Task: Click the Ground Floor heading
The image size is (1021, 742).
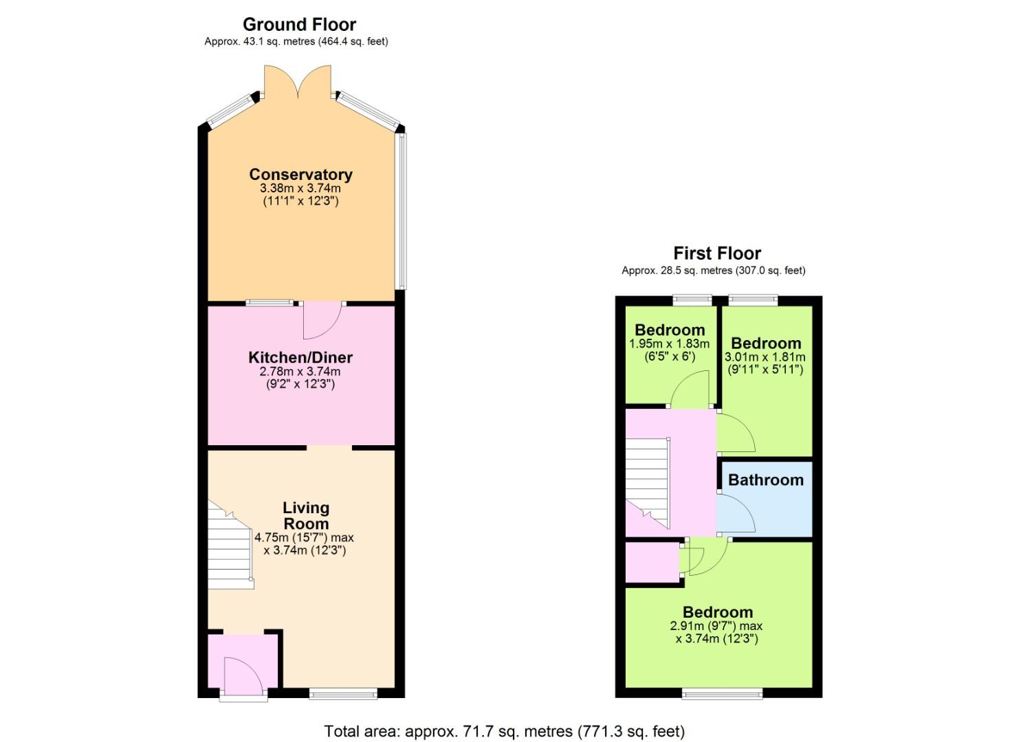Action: click(x=299, y=24)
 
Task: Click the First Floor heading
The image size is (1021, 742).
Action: click(x=717, y=254)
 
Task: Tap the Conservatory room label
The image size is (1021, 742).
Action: click(x=301, y=175)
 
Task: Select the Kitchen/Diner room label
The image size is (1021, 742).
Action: click(x=300, y=357)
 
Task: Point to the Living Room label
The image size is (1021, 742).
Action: click(x=306, y=515)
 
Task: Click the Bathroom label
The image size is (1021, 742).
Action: click(x=766, y=480)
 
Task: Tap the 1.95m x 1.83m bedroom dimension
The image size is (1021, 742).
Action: click(x=669, y=344)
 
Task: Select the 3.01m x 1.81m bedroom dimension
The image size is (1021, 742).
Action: click(x=765, y=357)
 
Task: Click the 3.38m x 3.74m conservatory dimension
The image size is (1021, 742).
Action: click(x=300, y=188)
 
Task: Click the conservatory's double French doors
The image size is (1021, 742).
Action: click(x=298, y=82)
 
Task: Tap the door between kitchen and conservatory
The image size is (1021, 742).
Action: click(x=322, y=320)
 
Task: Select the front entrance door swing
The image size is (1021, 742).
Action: click(x=244, y=677)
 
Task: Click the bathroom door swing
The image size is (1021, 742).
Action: click(x=736, y=514)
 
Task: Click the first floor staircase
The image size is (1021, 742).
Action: click(x=648, y=483)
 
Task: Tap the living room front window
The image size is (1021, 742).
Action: click(x=343, y=695)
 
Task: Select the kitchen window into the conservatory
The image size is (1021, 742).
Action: click(x=270, y=302)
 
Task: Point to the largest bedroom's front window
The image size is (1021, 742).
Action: click(x=722, y=694)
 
